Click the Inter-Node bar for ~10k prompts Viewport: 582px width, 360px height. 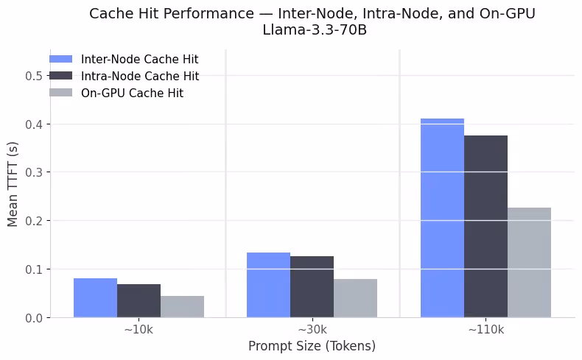pyautogui.click(x=95, y=298)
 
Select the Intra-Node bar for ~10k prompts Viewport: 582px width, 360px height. pyautogui.click(x=139, y=301)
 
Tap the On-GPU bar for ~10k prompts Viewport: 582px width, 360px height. pyautogui.click(x=182, y=307)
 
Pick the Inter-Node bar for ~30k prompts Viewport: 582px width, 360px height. pyautogui.click(x=268, y=285)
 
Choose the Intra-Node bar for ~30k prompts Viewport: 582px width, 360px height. pyautogui.click(x=312, y=287)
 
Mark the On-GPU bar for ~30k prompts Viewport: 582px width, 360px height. pyautogui.click(x=355, y=298)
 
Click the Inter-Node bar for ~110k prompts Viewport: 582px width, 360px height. pyautogui.click(x=442, y=218)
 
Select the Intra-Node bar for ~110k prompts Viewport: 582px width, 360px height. pyautogui.click(x=485, y=227)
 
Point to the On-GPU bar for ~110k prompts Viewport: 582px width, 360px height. pyautogui.click(x=529, y=263)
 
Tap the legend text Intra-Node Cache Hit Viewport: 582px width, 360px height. pyautogui.click(x=139, y=77)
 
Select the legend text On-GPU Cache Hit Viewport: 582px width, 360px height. pyautogui.click(x=132, y=93)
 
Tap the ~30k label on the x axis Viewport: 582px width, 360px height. pyautogui.click(x=312, y=330)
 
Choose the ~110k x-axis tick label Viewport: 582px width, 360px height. pyautogui.click(x=485, y=330)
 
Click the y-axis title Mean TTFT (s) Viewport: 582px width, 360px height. pyautogui.click(x=13, y=184)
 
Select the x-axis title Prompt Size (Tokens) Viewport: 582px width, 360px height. pyautogui.click(x=312, y=346)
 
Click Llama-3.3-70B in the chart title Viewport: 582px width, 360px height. pyautogui.click(x=312, y=31)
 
